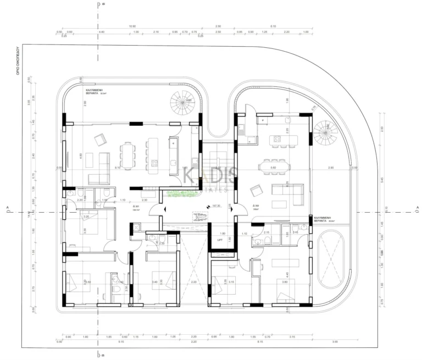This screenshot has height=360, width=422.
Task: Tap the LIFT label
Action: [x=220, y=240]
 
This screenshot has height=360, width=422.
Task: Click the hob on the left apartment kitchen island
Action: [x=155, y=163]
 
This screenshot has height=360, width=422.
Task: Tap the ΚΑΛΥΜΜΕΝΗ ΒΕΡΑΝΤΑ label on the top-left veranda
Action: [x=95, y=91]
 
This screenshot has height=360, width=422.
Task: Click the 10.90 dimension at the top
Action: [x=132, y=26]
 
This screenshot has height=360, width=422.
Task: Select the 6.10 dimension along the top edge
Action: [x=273, y=26]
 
